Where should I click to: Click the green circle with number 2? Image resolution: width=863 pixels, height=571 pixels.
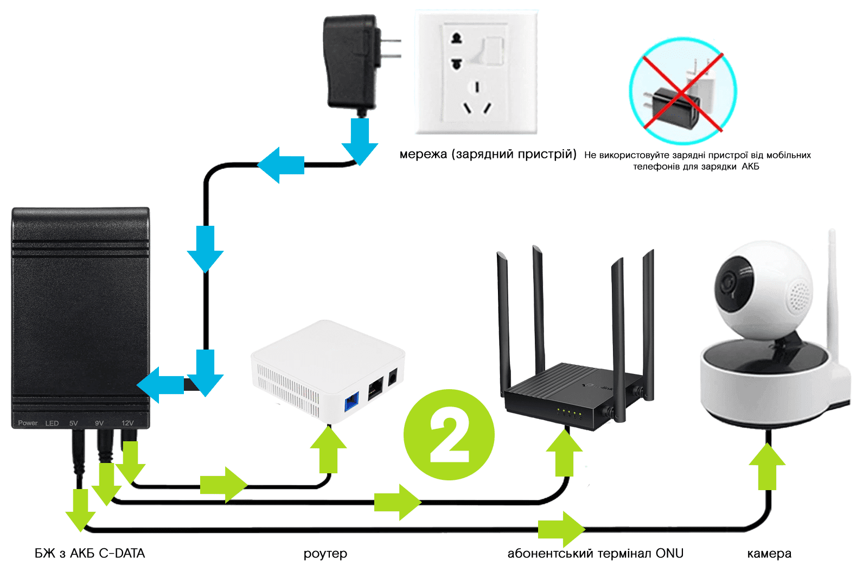click(449, 434)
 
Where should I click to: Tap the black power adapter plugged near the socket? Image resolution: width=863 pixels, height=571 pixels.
click(351, 62)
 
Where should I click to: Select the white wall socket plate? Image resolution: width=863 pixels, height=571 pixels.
click(476, 73)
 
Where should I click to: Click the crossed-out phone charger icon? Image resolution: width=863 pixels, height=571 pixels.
click(682, 91)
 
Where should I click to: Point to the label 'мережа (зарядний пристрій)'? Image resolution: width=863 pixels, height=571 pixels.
click(487, 154)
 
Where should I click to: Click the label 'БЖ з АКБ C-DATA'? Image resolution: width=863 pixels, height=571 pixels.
click(90, 553)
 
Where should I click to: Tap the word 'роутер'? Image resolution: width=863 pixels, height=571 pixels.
click(325, 554)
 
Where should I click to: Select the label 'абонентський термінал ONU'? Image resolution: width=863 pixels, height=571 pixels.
click(595, 553)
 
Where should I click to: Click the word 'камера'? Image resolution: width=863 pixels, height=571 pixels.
click(769, 554)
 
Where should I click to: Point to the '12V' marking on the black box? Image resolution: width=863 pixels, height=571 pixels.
click(127, 423)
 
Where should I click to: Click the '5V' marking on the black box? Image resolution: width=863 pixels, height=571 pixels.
click(74, 423)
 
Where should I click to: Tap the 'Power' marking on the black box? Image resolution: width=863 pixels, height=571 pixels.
click(28, 423)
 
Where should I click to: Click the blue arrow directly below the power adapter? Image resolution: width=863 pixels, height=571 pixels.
click(359, 140)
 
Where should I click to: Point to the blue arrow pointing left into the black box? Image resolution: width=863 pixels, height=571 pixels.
click(161, 385)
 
